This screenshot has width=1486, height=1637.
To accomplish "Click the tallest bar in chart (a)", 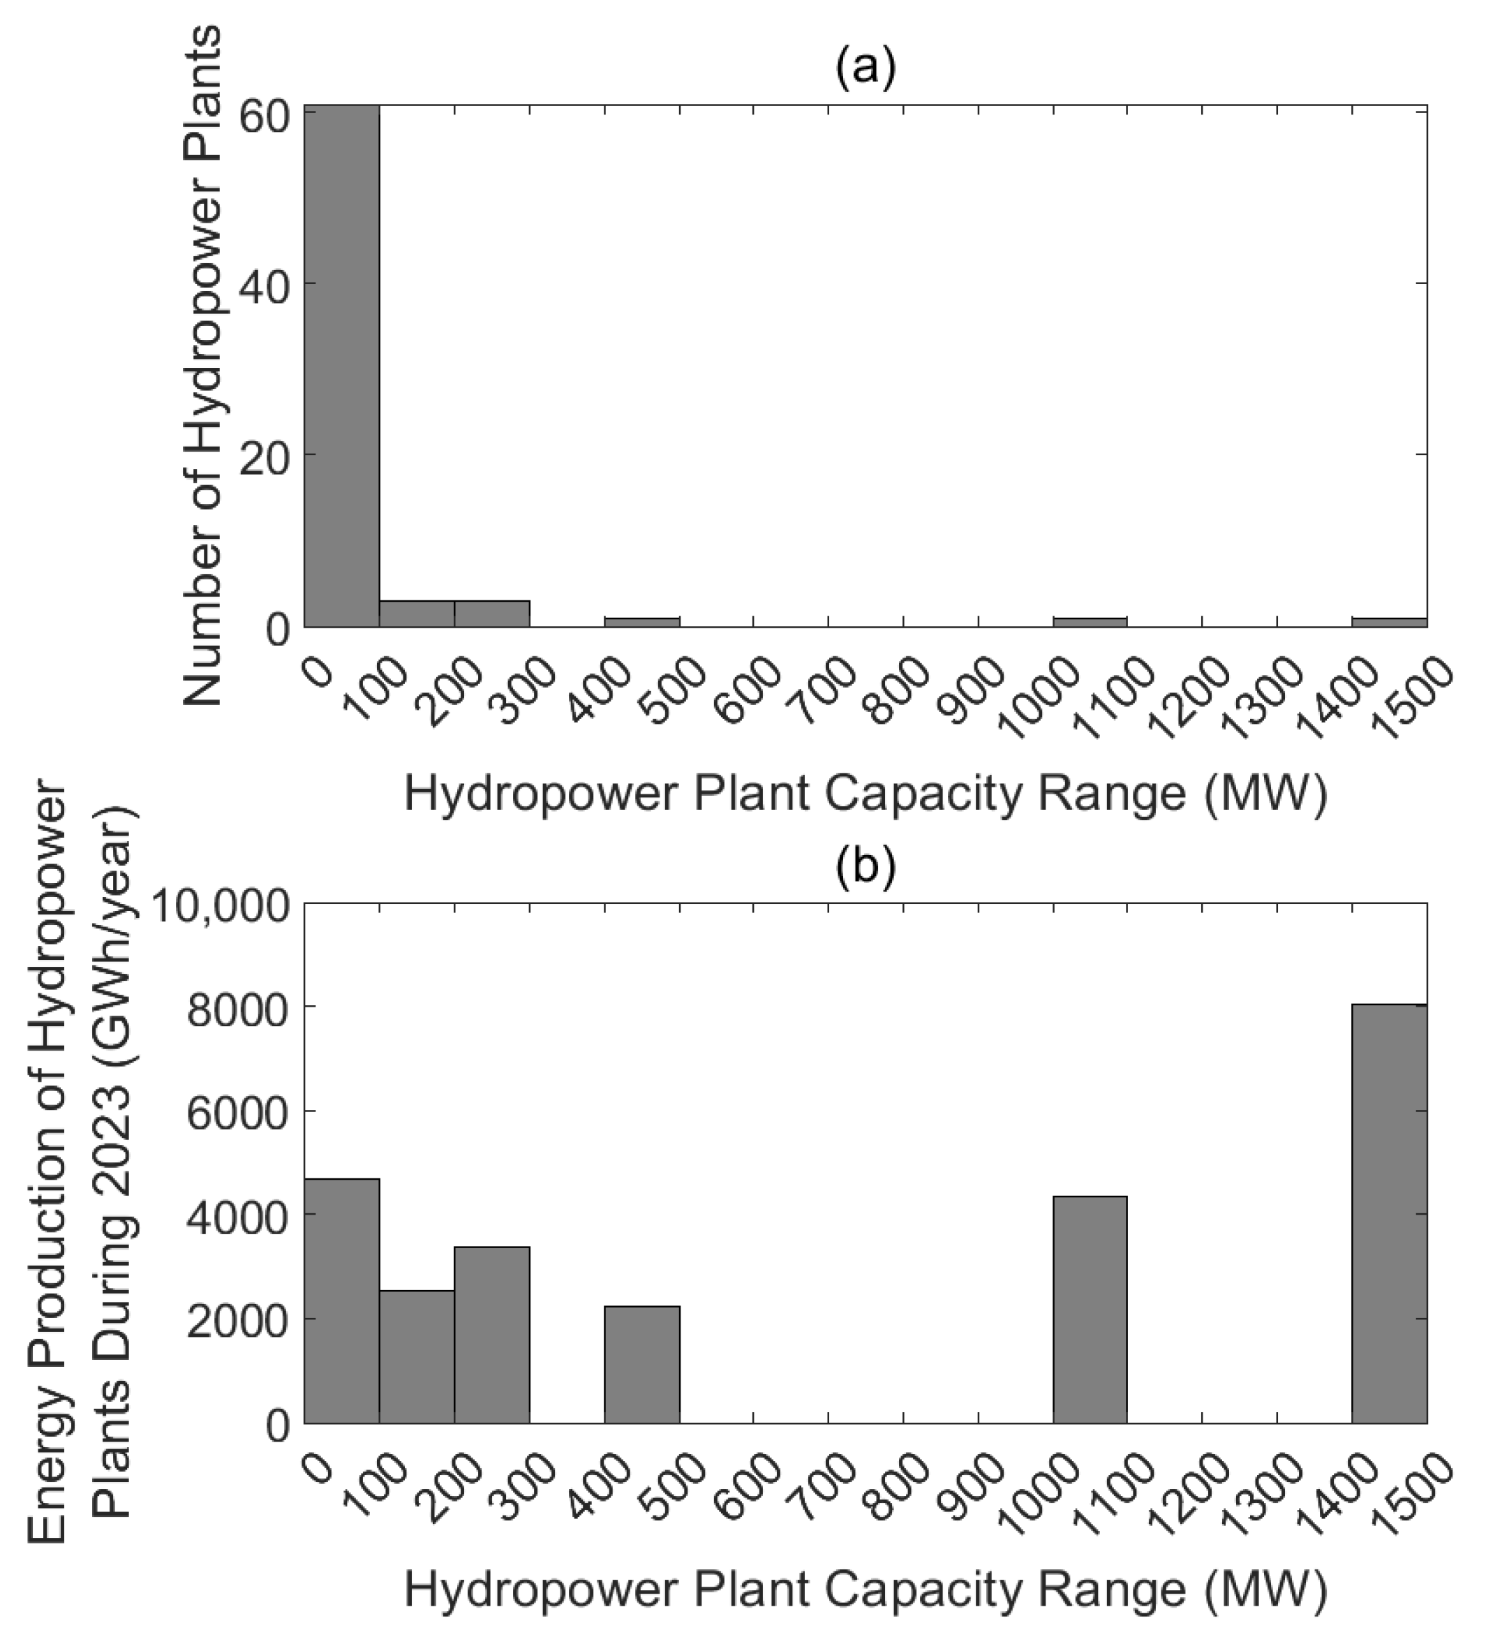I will (x=341, y=365).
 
